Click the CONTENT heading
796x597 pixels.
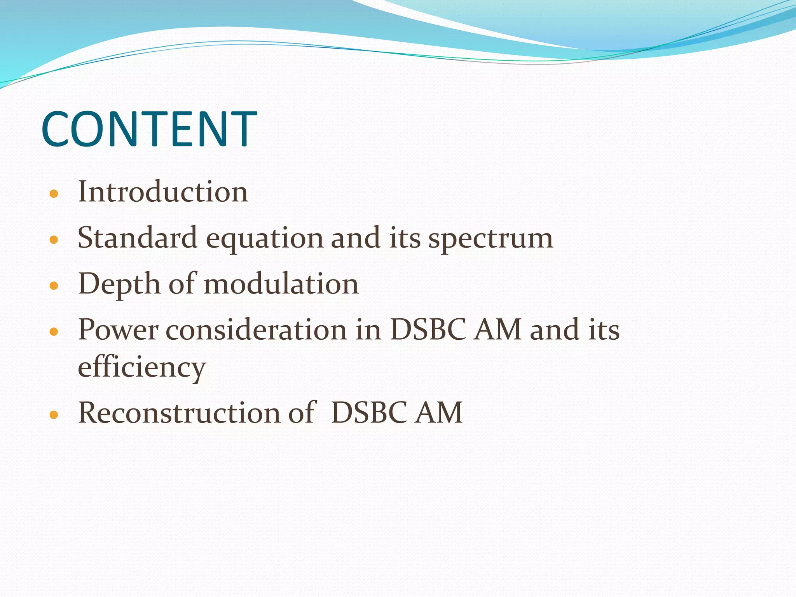[149, 129]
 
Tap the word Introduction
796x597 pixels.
[163, 192]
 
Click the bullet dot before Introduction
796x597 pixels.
[54, 193]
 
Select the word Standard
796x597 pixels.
[137, 237]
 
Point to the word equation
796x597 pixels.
[264, 239]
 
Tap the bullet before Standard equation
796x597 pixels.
[54, 239]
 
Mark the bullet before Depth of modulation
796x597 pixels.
[54, 286]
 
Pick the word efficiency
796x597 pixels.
[141, 367]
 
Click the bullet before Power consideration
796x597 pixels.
[54, 331]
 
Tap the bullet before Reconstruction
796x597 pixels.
[54, 414]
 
